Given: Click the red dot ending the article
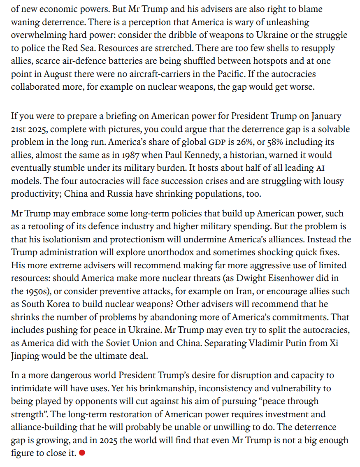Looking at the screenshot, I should pos(82,453).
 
